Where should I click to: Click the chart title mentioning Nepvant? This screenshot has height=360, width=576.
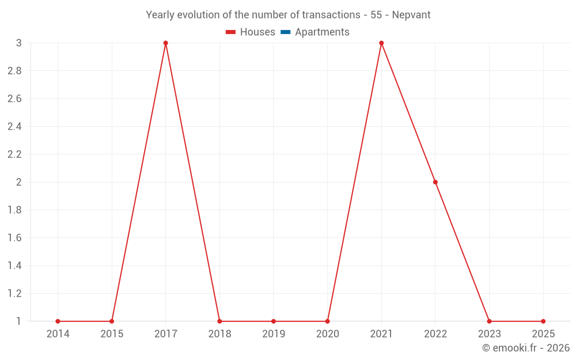point(288,15)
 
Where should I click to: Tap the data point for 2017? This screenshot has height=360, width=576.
point(165,43)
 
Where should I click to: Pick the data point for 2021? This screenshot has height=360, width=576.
point(381,43)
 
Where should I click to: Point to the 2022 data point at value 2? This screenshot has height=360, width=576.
point(435,182)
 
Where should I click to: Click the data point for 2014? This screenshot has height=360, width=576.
point(58,321)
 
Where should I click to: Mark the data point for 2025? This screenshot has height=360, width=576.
point(543,321)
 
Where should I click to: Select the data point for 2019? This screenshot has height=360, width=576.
point(274,321)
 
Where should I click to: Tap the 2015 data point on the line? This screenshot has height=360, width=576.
point(112,321)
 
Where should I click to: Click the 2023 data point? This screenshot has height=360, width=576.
point(489,321)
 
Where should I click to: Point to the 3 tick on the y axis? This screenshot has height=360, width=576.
point(18,43)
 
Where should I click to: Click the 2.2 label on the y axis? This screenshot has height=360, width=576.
point(14,154)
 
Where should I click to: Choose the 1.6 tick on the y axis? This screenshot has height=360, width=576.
point(14,238)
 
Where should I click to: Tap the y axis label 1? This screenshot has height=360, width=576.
point(18,321)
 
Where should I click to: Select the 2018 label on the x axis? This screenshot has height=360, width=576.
point(219,334)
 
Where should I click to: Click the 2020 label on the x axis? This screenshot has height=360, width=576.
point(327,334)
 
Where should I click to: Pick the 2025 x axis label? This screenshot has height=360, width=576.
point(543,334)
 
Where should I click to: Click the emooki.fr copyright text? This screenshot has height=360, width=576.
point(525,348)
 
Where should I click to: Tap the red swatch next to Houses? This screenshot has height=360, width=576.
point(231,32)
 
